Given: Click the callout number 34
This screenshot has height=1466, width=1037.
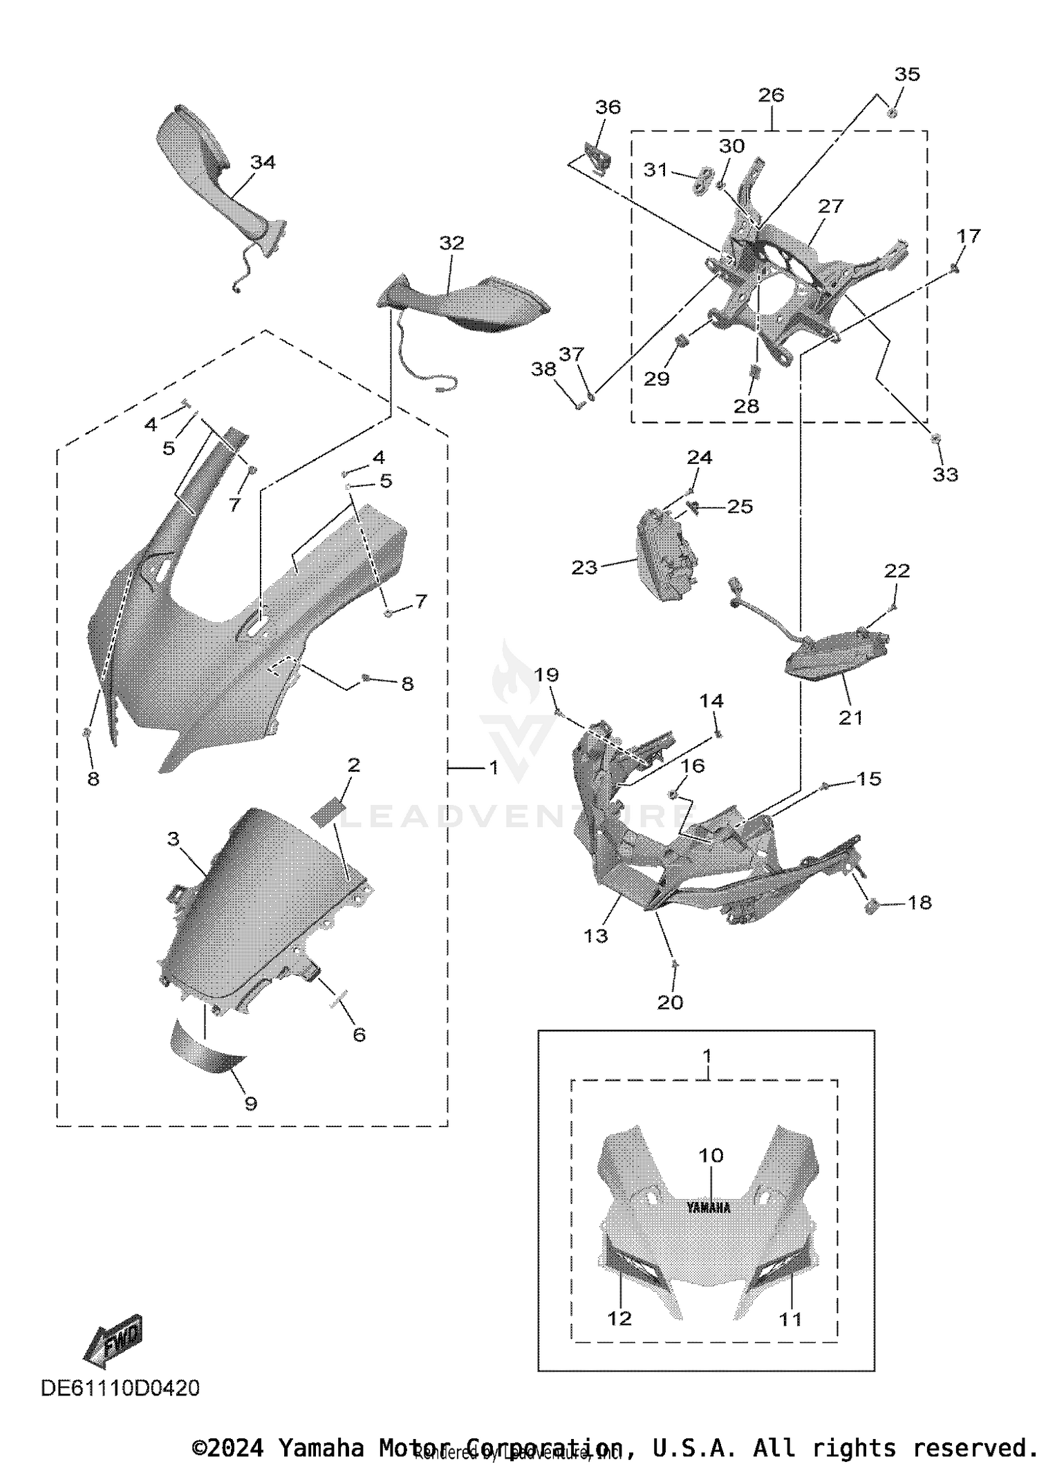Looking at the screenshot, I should click(263, 163).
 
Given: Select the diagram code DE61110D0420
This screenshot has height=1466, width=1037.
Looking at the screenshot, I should click(120, 1388).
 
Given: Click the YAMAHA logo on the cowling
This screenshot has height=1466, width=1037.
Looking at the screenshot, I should click(708, 1207).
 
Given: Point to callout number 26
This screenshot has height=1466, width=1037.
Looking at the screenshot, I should click(771, 95).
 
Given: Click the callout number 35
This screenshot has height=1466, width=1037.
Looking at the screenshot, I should click(907, 74).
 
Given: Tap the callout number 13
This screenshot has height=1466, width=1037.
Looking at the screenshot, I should click(595, 936).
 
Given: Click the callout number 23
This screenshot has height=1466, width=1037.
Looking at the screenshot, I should click(584, 567).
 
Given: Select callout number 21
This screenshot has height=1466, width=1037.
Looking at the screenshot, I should click(851, 718).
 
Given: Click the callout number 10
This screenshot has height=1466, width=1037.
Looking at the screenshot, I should click(711, 1156).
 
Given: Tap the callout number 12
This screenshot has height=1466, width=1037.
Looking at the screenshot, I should click(619, 1318).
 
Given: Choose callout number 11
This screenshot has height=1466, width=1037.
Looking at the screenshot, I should click(790, 1319).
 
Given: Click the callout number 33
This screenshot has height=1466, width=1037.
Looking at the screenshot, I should click(945, 474).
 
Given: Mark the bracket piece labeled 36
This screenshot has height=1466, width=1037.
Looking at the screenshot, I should click(597, 158).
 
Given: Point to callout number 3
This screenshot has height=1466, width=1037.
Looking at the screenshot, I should click(173, 839).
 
